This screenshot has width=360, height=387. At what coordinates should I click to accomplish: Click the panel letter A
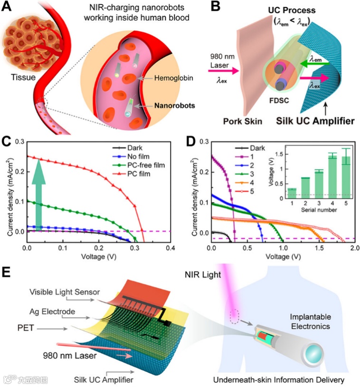point(8,8)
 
